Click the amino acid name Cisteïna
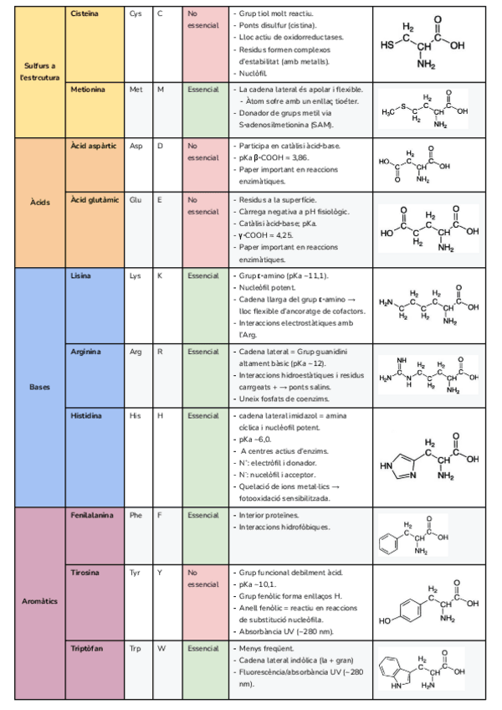coord(84,14)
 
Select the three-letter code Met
coord(136,88)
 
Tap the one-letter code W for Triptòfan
coord(161,648)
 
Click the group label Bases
coord(39,388)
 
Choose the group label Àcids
coord(39,203)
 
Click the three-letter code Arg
coord(136,352)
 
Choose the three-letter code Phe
coord(136,515)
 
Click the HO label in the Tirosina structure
coord(385,621)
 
